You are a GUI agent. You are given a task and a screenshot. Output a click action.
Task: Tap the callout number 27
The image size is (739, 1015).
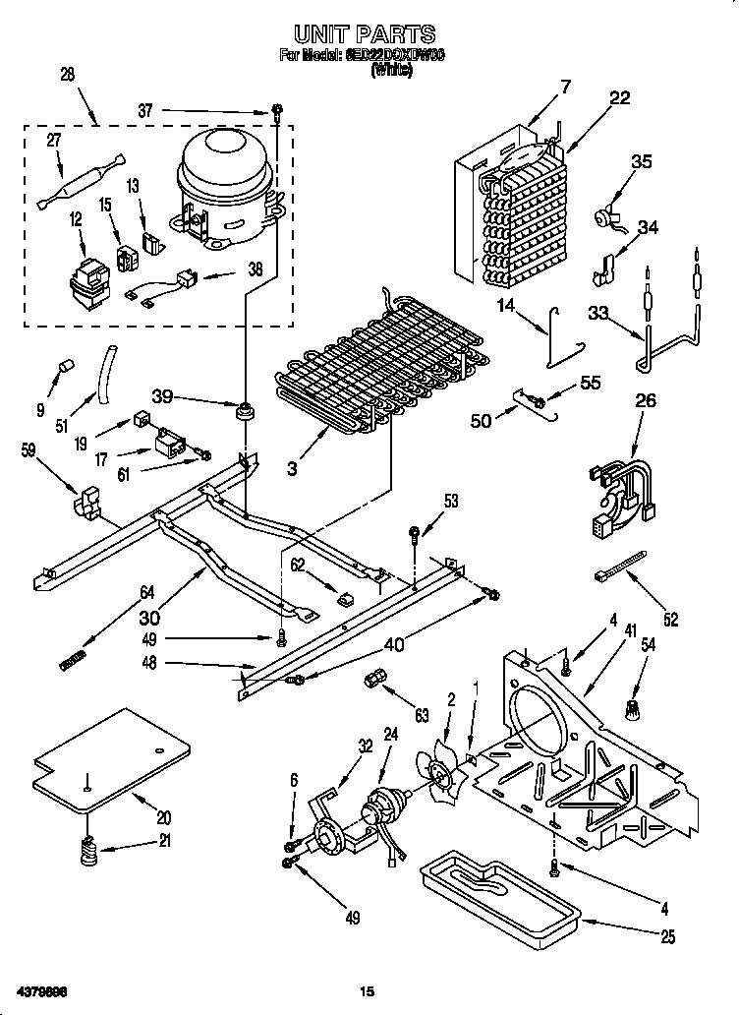[x=53, y=141]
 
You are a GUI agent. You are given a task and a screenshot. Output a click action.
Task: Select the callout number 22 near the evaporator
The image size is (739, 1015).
[x=619, y=97]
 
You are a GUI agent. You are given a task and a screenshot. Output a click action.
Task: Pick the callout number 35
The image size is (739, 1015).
[x=641, y=162]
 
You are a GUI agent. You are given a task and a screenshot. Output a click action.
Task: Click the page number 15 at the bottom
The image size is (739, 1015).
[x=368, y=990]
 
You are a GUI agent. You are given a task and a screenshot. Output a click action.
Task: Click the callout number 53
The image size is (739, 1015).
[x=450, y=502]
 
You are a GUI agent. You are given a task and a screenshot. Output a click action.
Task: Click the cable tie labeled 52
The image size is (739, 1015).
[x=621, y=569]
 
